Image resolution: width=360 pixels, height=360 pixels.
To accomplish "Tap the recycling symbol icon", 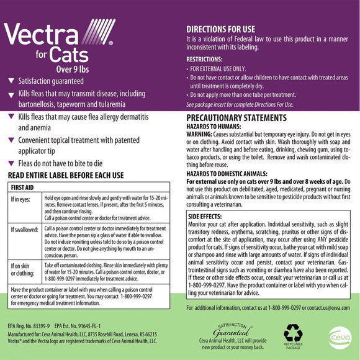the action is pyautogui.click(x=292, y=335).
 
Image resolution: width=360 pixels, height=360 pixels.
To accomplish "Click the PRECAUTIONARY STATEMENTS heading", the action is pyautogui.click(x=241, y=117).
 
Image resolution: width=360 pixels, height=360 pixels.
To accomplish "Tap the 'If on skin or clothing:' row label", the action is pyautogui.click(x=24, y=268).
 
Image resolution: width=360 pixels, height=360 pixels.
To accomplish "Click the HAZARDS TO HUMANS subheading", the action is pyautogui.click(x=218, y=125).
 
